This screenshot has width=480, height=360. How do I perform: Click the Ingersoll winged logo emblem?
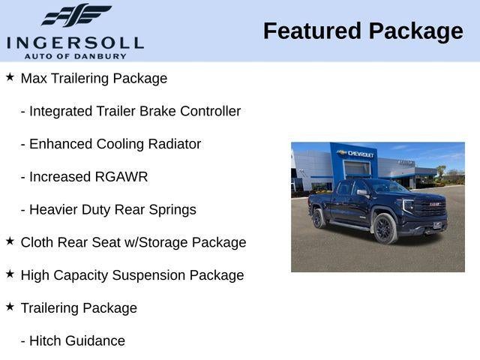click(76, 15)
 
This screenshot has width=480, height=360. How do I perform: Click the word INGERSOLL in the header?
click(75, 42)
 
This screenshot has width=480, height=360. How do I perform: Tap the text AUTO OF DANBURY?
click(75, 55)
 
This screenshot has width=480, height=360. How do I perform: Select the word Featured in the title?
click(312, 31)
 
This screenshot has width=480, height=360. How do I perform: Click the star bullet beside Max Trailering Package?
click(10, 77)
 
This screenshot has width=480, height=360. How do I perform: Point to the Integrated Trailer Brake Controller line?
click(130, 111)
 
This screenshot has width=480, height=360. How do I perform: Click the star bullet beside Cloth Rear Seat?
click(10, 241)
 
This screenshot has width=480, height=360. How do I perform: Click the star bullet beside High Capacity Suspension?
click(10, 274)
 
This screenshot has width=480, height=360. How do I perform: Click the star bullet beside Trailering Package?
click(10, 307)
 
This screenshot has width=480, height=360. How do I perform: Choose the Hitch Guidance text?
click(73, 340)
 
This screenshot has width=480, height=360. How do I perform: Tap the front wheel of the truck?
click(383, 229)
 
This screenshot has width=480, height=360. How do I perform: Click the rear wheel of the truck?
click(319, 218)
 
